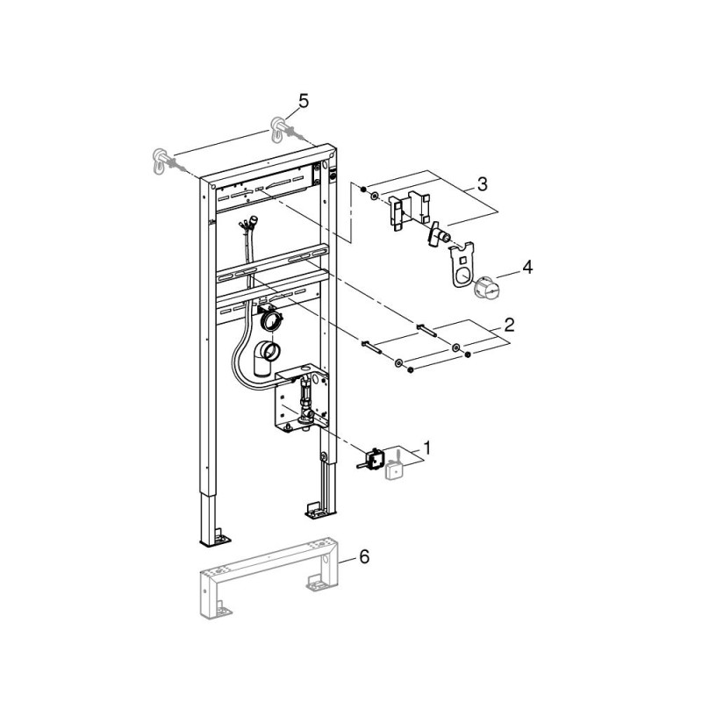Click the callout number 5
point(304,102)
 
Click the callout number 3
point(482,184)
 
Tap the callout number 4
point(528,268)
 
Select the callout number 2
point(510,325)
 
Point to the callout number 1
point(426,448)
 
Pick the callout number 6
point(364,556)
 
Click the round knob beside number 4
point(485,288)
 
